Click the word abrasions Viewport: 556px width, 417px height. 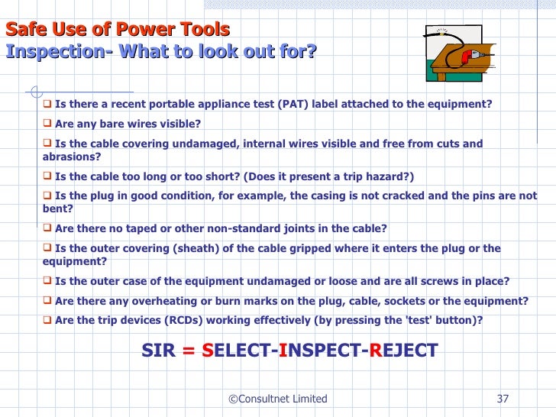pos(71,157)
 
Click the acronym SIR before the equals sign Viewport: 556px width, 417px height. pos(159,351)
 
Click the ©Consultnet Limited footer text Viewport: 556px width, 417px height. pos(278,399)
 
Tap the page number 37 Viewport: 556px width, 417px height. pos(503,399)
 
